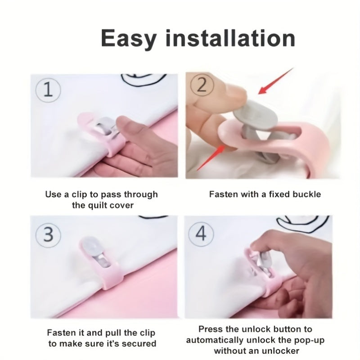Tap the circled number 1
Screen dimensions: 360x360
[x=49, y=89]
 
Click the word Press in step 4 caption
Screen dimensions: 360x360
[x=210, y=330]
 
